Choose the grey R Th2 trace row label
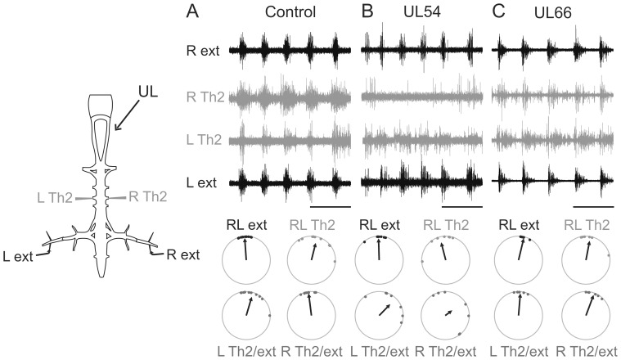(x=204, y=96)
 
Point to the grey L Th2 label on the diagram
(x=55, y=196)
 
